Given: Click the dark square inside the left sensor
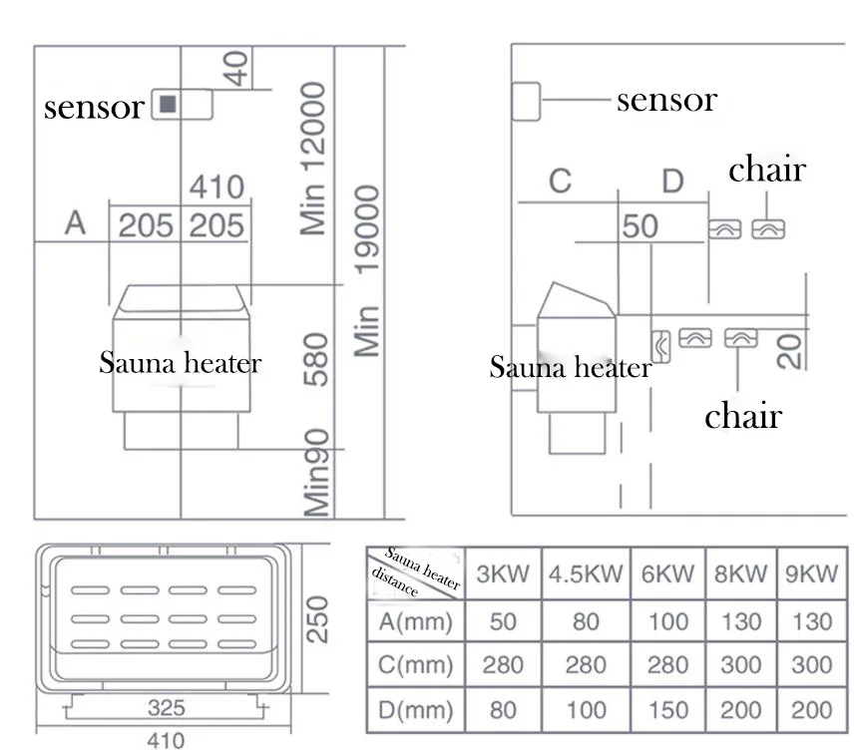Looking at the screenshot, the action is pyautogui.click(x=168, y=104).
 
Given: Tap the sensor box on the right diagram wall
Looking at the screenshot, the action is pyautogui.click(x=526, y=102).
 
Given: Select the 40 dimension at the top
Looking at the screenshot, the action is pyautogui.click(x=236, y=69).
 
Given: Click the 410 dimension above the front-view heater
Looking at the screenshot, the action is pyautogui.click(x=216, y=187).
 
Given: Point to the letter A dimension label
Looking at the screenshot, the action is pyautogui.click(x=75, y=222).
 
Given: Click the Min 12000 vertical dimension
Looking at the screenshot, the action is pyautogui.click(x=312, y=159).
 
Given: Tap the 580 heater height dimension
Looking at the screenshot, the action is pyautogui.click(x=316, y=359).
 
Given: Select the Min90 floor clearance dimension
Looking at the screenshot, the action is pyautogui.click(x=316, y=473).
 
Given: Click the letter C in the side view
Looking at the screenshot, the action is pyautogui.click(x=560, y=181).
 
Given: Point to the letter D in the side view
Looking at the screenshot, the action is pyautogui.click(x=672, y=182).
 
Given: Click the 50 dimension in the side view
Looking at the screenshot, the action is pyautogui.click(x=640, y=226).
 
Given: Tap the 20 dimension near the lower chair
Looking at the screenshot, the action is pyautogui.click(x=790, y=352).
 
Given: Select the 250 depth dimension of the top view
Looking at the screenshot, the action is pyautogui.click(x=316, y=619).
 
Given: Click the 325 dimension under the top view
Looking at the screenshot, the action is pyautogui.click(x=167, y=708).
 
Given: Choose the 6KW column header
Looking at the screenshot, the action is pyautogui.click(x=667, y=573).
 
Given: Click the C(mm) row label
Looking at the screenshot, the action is pyautogui.click(x=416, y=664).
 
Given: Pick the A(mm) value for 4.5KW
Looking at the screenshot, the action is pyautogui.click(x=586, y=621).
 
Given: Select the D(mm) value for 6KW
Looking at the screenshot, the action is pyautogui.click(x=668, y=710).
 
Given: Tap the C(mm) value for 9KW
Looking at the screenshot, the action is pyautogui.click(x=811, y=664).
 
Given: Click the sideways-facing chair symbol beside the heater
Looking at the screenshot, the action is pyautogui.click(x=660, y=346).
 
